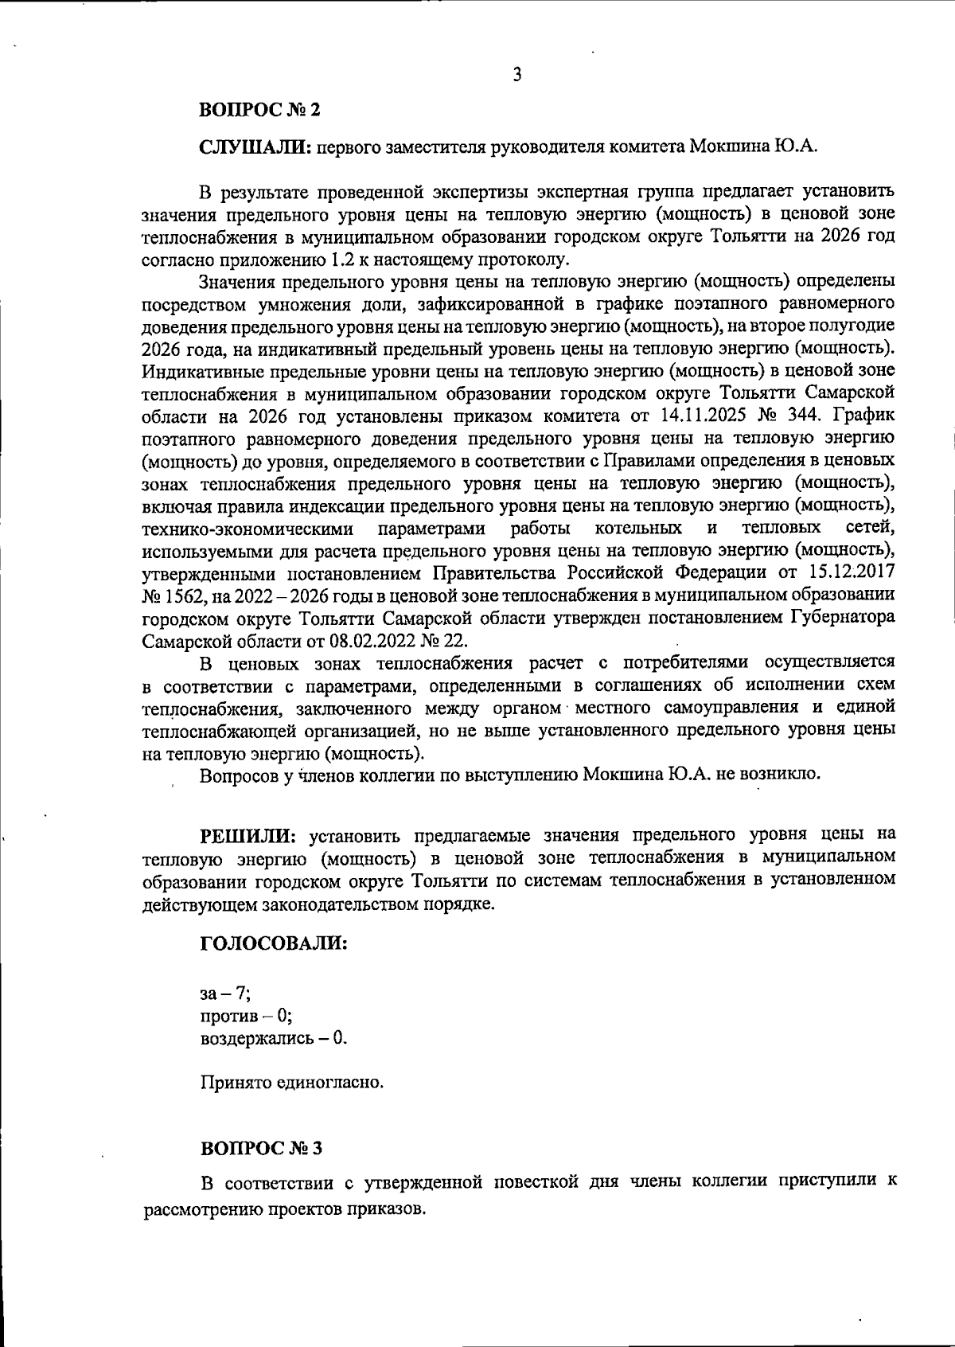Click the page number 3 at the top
click(517, 76)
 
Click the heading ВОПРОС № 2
click(259, 110)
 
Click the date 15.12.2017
click(851, 572)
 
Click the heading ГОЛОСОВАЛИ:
click(273, 943)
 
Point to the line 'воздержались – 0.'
click(273, 1038)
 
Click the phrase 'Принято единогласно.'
click(291, 1083)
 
